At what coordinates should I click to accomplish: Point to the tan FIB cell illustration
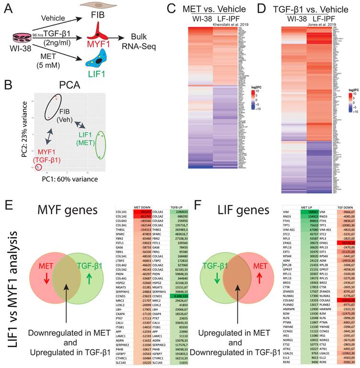point(88,6)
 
